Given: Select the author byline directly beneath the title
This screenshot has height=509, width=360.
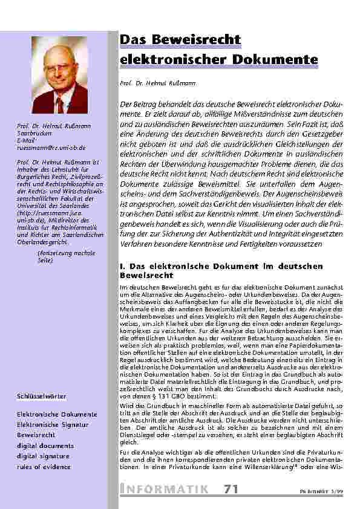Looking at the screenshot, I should pyautogui.click(x=149, y=81).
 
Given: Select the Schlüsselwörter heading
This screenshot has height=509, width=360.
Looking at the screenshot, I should pyautogui.click(x=42, y=395).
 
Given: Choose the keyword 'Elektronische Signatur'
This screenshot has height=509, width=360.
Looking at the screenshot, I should pyautogui.click(x=53, y=424).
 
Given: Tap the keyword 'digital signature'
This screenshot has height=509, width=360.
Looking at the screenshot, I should pyautogui.click(x=45, y=455).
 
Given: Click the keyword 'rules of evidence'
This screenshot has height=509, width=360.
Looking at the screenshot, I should pyautogui.click(x=44, y=465).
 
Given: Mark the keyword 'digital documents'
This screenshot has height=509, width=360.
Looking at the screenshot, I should pyautogui.click(x=46, y=445).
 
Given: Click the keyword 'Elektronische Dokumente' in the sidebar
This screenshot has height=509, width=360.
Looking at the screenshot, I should pyautogui.click(x=57, y=414).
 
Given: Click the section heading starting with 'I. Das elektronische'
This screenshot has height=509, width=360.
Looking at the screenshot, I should pyautogui.click(x=213, y=270).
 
